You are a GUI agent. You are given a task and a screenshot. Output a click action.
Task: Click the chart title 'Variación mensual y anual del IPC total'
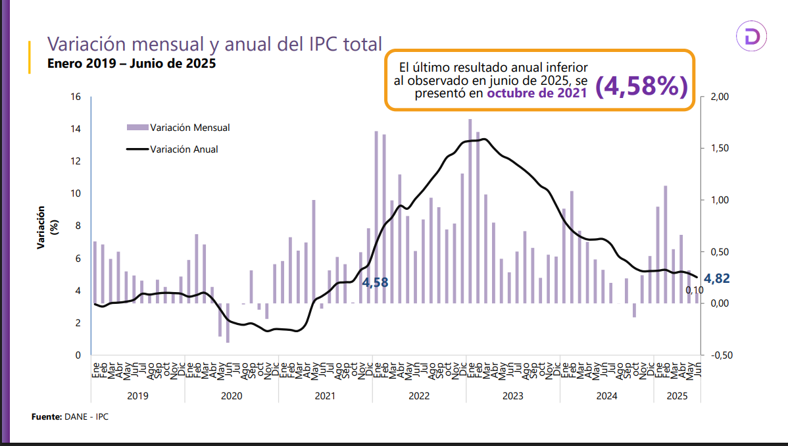click(x=214, y=44)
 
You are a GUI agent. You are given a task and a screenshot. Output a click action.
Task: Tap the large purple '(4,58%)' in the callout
click(x=641, y=86)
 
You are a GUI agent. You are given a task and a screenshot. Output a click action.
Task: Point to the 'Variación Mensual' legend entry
click(x=189, y=128)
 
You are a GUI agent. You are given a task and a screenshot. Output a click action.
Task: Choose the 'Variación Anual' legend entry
click(x=184, y=149)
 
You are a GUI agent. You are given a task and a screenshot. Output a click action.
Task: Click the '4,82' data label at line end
click(x=717, y=279)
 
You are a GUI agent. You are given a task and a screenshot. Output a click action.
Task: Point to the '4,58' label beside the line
click(x=375, y=283)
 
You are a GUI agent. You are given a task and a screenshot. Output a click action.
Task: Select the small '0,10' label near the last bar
click(x=695, y=289)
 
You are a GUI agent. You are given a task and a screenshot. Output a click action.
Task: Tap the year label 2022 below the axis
click(x=419, y=396)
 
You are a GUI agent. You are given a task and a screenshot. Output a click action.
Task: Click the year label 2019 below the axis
click(x=137, y=396)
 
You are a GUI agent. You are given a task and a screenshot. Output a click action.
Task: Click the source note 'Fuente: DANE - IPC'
click(x=70, y=417)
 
